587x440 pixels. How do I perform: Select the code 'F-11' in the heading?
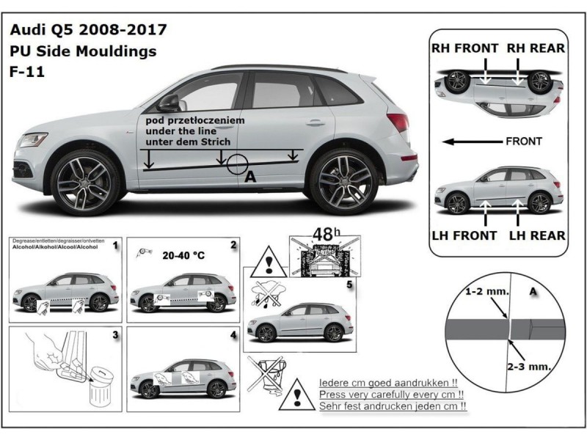[26, 72]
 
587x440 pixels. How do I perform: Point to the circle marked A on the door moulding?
[237, 164]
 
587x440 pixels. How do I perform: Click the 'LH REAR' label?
[536, 235]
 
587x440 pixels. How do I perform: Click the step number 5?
[349, 283]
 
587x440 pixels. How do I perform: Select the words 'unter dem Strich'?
[188, 141]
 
